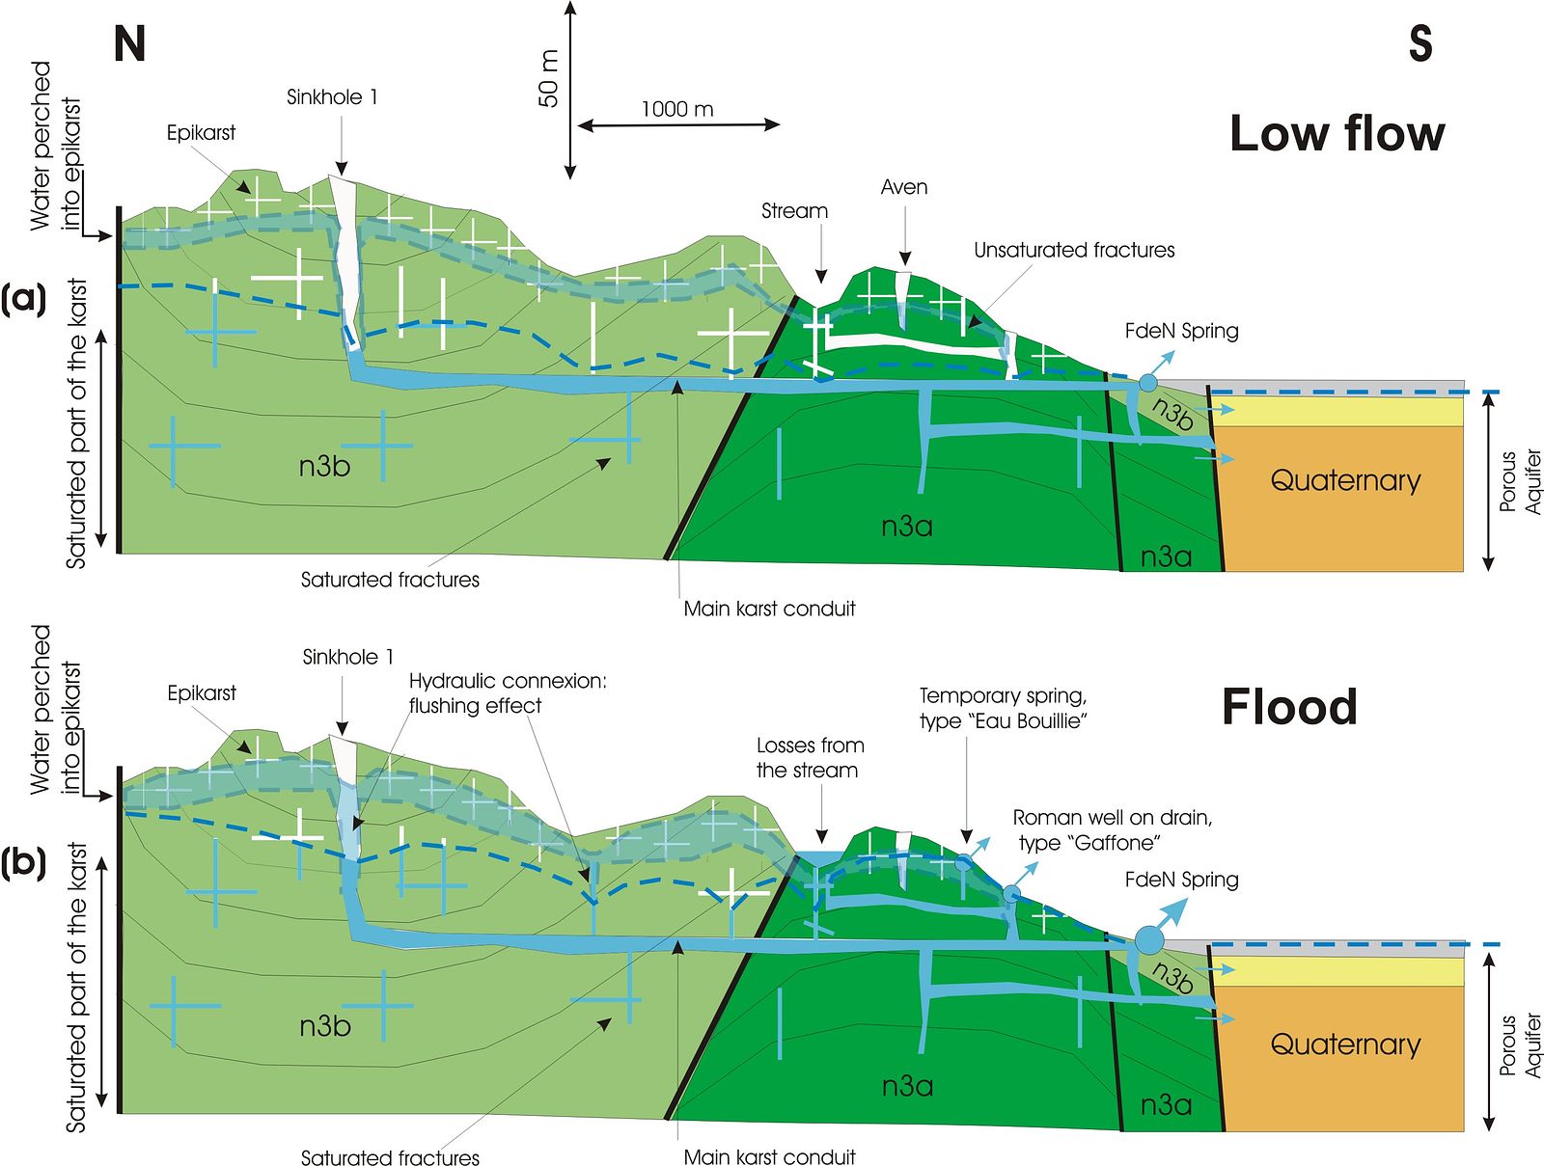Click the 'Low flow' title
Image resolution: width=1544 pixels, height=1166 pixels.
click(x=1337, y=133)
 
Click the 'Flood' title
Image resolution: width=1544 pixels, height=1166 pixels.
click(x=1289, y=706)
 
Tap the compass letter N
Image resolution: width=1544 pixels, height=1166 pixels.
click(x=129, y=44)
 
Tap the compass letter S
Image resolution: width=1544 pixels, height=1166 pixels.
click(x=1420, y=43)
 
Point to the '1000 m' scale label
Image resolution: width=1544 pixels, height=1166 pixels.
click(x=677, y=110)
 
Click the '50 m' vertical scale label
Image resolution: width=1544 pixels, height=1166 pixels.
click(x=549, y=79)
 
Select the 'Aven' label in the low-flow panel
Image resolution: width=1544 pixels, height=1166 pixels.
click(x=904, y=187)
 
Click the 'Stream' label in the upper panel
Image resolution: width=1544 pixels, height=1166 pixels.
click(x=794, y=211)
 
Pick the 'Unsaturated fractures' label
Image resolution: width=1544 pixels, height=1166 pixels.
click(x=1074, y=250)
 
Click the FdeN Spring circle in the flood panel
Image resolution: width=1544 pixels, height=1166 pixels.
click(x=1148, y=939)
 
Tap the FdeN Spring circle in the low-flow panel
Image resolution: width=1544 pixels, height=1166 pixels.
click(x=1147, y=383)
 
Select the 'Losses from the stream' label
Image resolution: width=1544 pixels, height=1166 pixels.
click(x=810, y=758)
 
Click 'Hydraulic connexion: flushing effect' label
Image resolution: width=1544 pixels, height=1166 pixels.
click(x=508, y=693)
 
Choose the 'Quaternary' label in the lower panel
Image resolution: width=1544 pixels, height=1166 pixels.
click(x=1345, y=1045)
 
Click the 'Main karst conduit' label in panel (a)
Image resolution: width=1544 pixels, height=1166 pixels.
click(x=769, y=608)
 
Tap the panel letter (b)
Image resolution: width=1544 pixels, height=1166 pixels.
click(x=23, y=863)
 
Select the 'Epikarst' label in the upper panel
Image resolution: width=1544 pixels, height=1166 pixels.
click(x=201, y=133)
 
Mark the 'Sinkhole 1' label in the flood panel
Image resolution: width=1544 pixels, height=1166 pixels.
click(x=347, y=657)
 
